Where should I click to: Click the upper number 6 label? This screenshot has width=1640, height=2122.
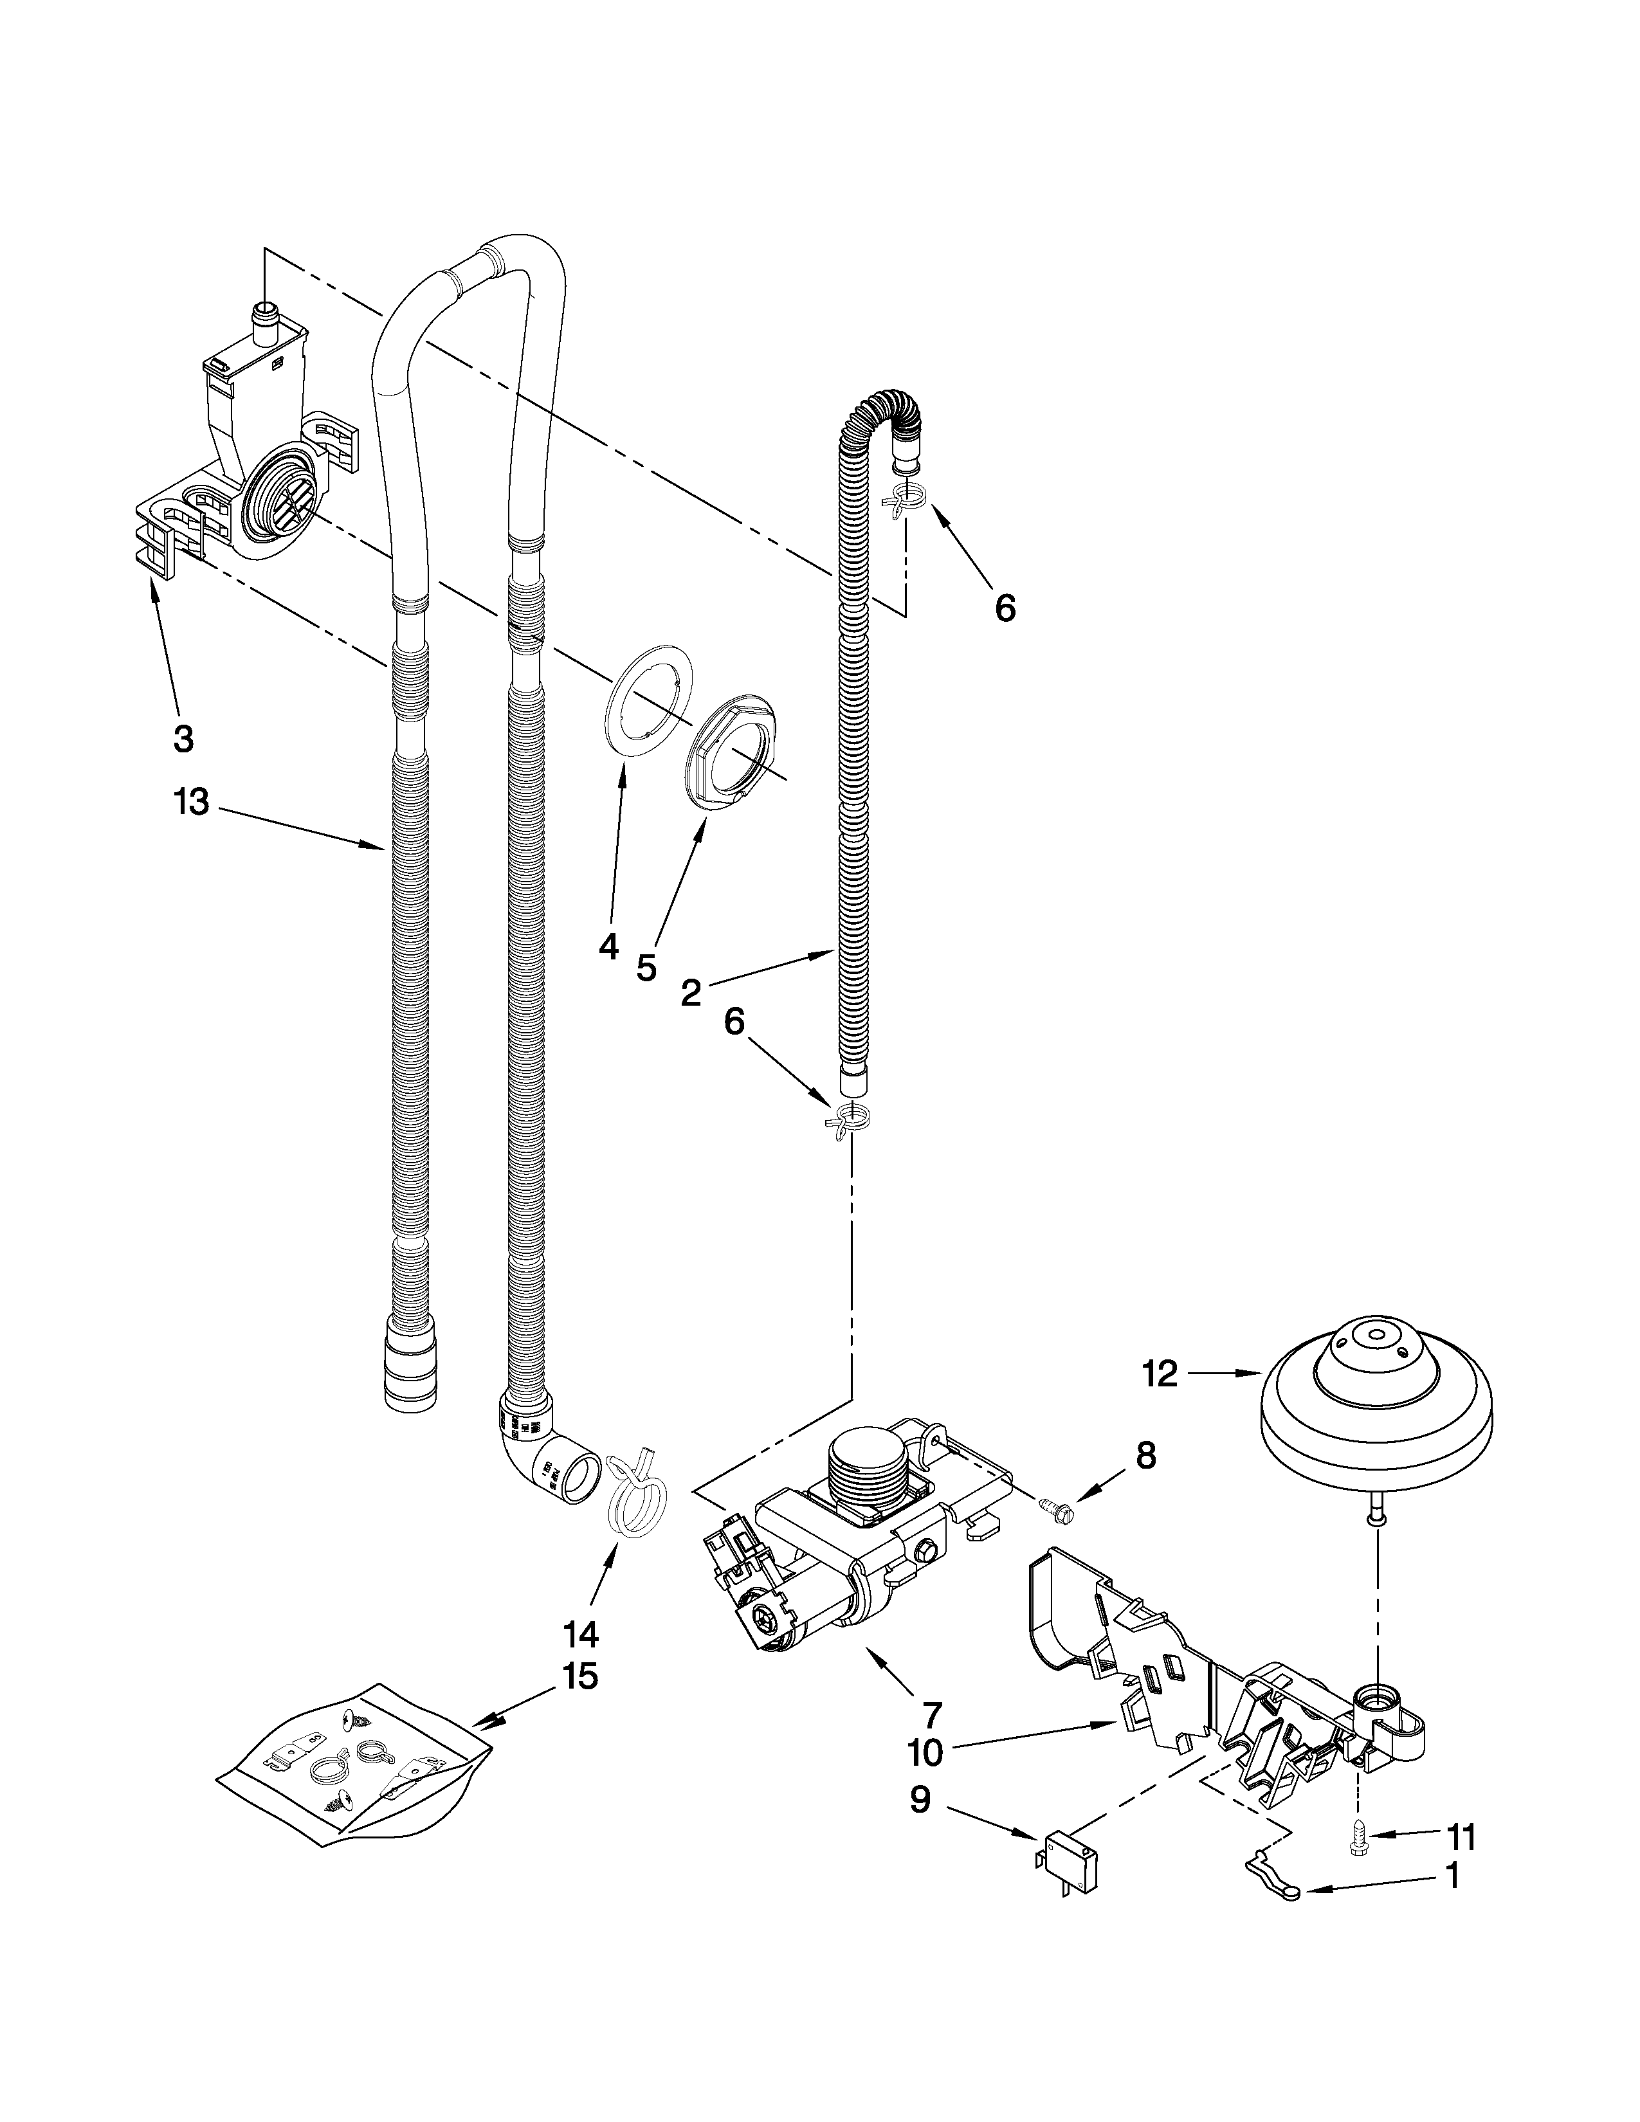coord(1005,608)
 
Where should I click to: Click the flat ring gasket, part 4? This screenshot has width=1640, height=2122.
coord(641,711)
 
